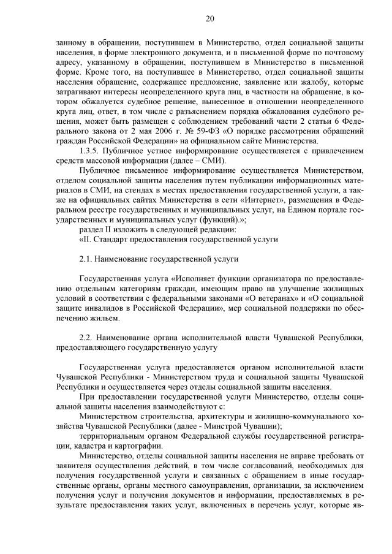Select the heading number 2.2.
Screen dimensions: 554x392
(x=87, y=339)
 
